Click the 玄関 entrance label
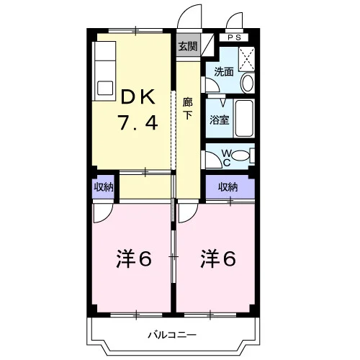[x=188, y=46]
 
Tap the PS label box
[x=234, y=37]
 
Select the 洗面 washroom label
[x=224, y=71]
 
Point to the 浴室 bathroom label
[x=220, y=120]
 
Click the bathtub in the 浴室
[x=244, y=118]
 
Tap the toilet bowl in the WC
[x=241, y=156]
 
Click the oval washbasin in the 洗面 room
[x=247, y=83]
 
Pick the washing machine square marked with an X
[x=246, y=59]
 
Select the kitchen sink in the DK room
[x=105, y=89]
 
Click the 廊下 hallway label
[x=188, y=109]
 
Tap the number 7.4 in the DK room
[x=138, y=122]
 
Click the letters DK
[x=138, y=96]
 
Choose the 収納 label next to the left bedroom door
[x=104, y=186]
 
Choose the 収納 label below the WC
[x=228, y=187]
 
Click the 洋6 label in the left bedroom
[x=134, y=258]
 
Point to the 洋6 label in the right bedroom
[x=218, y=258]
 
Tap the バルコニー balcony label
[x=172, y=335]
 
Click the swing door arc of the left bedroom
[x=107, y=217]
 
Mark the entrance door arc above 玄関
[x=184, y=12]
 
